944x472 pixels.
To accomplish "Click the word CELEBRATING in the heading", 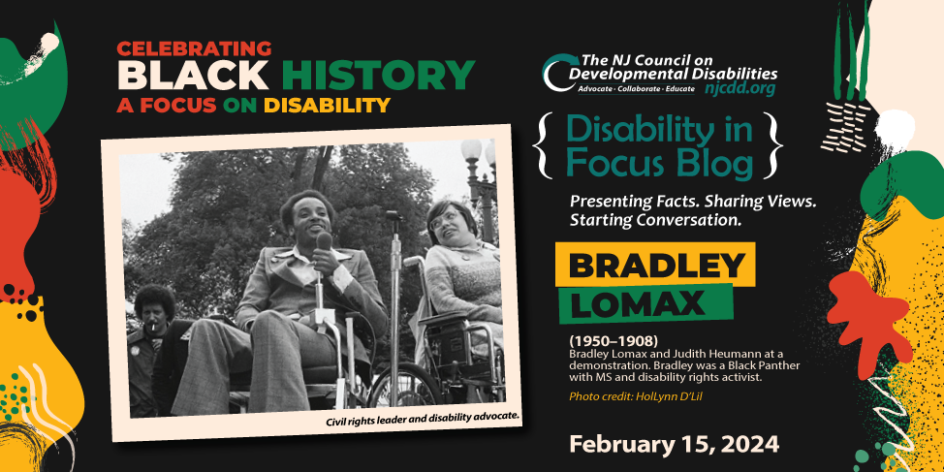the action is point(195,48).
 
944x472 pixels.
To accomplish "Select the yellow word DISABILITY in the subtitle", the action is point(328,106).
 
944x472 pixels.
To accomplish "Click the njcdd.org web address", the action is point(739,89).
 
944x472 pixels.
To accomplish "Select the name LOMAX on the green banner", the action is point(638,303).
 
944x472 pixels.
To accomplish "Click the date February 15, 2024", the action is point(674,444).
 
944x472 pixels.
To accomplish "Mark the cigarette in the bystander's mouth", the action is point(153,327).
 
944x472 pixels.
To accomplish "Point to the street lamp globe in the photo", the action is point(471,150).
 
